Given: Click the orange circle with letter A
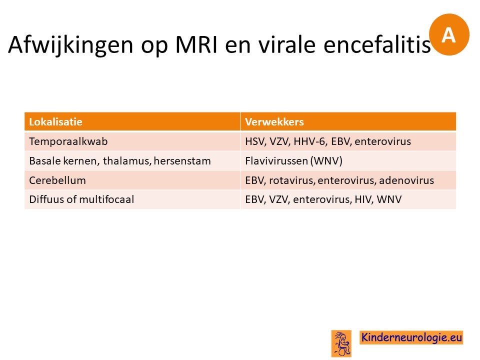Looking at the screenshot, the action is (449, 34).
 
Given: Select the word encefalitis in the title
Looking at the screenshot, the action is (377, 44).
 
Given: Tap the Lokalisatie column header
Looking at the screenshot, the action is (55, 122).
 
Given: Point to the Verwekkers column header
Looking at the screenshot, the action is (274, 122).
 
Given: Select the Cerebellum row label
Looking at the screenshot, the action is (57, 180).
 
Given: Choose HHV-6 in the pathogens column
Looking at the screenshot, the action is (310, 141).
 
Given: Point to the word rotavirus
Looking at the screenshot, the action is (291, 180).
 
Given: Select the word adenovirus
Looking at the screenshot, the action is (406, 180).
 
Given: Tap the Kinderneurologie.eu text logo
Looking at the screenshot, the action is (411, 337).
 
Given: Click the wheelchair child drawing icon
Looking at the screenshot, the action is (341, 343).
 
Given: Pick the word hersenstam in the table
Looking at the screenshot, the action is (182, 161).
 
